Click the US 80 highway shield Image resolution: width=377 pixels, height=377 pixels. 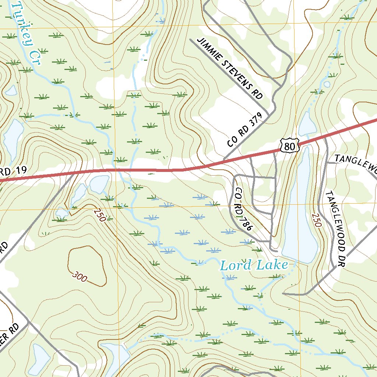click(x=289, y=145)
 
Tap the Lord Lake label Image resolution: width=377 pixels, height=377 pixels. click(x=254, y=265)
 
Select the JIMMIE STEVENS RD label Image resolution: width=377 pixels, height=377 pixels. click(x=230, y=68)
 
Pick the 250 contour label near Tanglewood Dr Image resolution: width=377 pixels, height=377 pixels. click(x=317, y=220)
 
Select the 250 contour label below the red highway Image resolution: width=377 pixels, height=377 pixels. click(x=99, y=215)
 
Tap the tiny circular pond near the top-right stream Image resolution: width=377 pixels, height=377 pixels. click(x=327, y=84)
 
